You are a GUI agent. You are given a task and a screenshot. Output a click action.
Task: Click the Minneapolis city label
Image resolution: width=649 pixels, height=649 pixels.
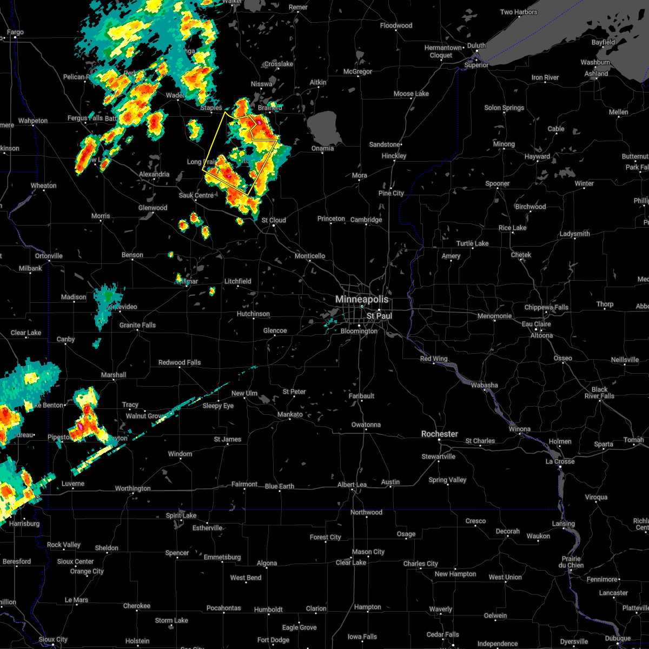(362, 299)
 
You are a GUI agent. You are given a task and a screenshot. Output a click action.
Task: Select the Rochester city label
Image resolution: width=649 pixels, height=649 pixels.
(440, 434)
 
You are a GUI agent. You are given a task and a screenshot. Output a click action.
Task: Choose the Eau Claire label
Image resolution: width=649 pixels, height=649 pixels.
(536, 324)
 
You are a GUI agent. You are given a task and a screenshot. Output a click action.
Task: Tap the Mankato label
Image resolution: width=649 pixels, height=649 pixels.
(290, 415)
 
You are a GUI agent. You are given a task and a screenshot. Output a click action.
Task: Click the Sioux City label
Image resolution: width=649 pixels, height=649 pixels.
(53, 640)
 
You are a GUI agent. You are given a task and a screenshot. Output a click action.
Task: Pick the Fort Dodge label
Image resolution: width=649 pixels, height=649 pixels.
(273, 640)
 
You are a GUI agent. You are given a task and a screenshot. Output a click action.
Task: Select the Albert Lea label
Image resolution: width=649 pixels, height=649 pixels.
(352, 485)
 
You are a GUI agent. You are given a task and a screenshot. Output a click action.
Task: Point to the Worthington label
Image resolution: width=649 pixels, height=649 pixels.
(133, 488)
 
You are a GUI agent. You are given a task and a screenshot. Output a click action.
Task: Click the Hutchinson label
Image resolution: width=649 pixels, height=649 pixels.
(253, 314)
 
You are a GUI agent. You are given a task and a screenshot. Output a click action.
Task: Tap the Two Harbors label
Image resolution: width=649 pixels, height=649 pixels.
(519, 12)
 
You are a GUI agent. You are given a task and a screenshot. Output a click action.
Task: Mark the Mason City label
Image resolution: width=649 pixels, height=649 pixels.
(368, 552)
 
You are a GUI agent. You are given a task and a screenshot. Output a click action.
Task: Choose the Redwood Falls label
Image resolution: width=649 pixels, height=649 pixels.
(180, 362)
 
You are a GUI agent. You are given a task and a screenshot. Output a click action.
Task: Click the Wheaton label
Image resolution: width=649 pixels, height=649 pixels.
(43, 186)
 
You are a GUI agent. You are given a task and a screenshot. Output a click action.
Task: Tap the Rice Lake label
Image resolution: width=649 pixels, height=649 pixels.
(512, 228)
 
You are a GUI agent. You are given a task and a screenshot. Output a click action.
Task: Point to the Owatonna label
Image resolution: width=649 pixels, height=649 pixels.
(366, 425)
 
